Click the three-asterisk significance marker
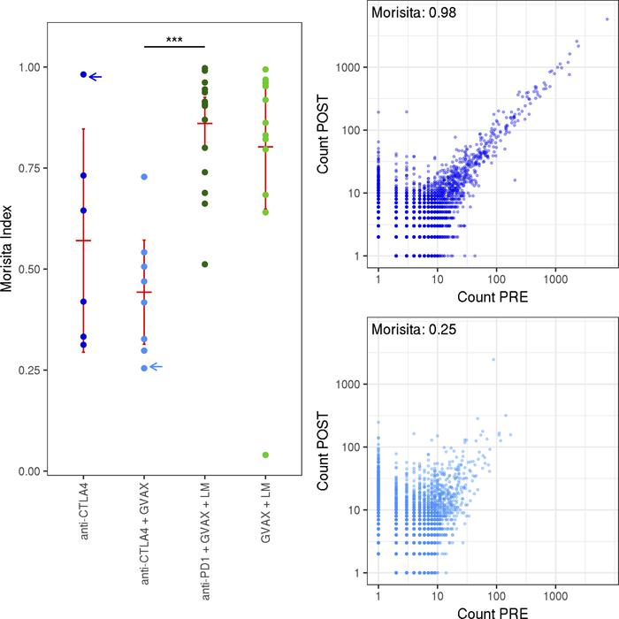coord(174,40)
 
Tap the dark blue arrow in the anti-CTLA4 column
coord(96,77)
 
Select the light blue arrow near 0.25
coord(157,367)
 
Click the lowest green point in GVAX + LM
coord(266,455)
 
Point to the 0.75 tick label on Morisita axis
coord(32,168)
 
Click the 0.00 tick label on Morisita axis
coord(32,471)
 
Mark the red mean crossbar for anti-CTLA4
coord(83,241)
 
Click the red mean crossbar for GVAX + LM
coord(266,147)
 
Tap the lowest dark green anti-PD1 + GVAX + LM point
coord(205,264)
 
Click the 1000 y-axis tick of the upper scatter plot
coord(350,67)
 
